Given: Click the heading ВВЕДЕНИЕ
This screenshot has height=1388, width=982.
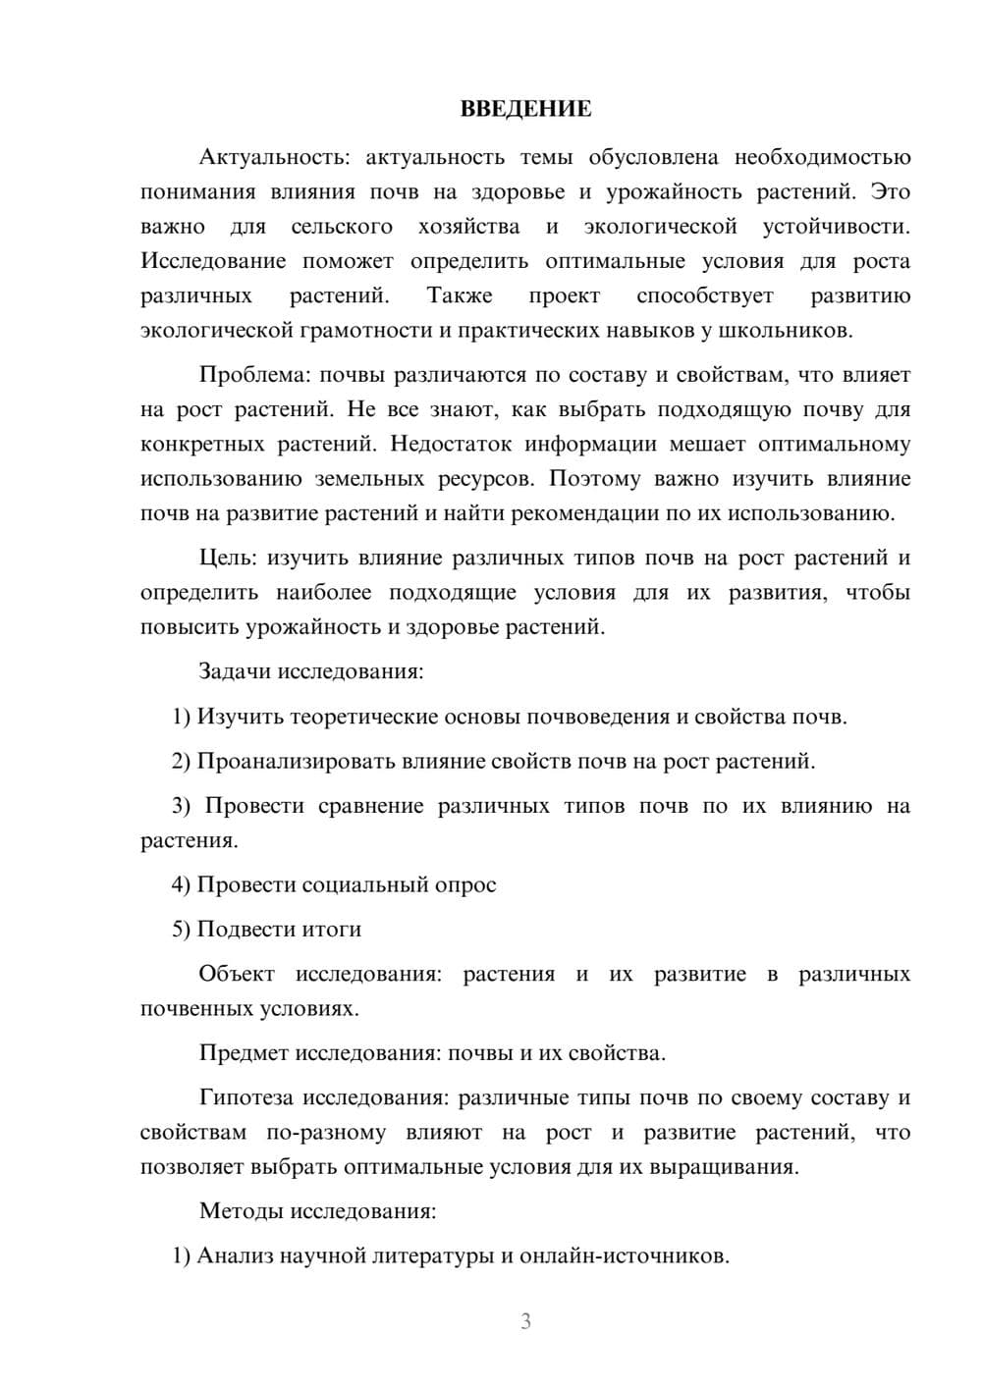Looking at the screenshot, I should coord(525,109).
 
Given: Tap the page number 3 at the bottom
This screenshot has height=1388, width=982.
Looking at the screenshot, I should coord(525,1321).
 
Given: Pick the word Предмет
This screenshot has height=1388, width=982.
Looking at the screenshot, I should coord(243,1053).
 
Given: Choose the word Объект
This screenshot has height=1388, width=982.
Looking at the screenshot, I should coord(237,974).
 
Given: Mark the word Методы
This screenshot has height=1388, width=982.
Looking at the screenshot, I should coord(241,1210).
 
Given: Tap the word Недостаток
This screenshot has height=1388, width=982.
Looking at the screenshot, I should coord(451,444).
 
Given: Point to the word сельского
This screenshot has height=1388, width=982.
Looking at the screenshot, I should coord(342,227).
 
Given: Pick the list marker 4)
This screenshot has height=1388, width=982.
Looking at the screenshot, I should coord(181,884).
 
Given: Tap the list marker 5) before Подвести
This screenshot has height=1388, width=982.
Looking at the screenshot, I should coord(181,929).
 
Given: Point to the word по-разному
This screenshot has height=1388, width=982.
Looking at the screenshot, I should coord(326,1133).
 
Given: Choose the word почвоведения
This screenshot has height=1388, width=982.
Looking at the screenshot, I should coord(598,717).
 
